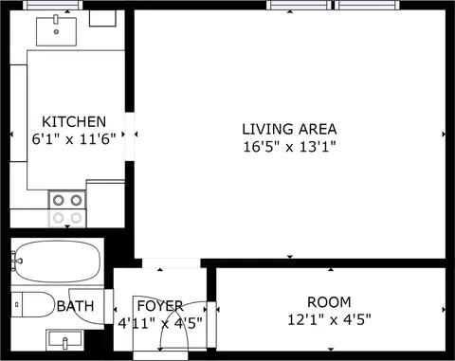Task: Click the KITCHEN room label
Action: coord(74,121)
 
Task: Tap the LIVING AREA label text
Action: coord(289,129)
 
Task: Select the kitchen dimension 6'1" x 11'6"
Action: coord(74,138)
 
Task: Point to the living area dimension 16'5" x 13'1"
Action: coord(289,147)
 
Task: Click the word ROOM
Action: coord(329,302)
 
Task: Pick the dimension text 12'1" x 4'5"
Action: coord(329,319)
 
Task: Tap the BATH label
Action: coord(76,306)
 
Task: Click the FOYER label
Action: coord(160,306)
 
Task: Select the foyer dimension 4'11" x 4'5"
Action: coord(160,323)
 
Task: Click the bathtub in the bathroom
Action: coord(58,262)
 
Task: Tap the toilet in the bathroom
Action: coord(33,304)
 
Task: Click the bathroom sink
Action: coord(64,340)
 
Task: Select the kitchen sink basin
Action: coord(56,31)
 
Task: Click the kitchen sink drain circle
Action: coord(56,31)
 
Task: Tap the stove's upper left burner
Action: coord(59,200)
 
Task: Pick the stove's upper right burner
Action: coord(76,200)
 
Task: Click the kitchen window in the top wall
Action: coord(53,5)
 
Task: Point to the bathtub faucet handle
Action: coord(17,261)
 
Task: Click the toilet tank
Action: coord(17,304)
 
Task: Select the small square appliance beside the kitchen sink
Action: coord(102,18)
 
